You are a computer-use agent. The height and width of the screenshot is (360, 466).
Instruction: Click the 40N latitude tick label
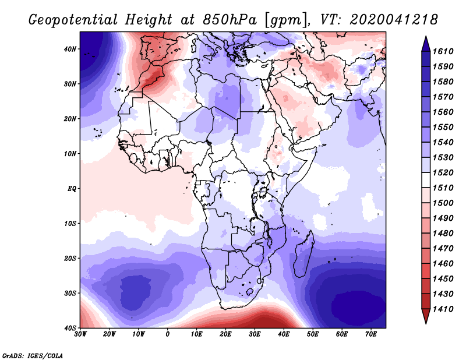click(70, 49)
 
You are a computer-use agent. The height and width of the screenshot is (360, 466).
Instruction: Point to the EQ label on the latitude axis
click(72, 189)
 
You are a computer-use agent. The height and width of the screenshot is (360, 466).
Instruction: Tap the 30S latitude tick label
click(70, 294)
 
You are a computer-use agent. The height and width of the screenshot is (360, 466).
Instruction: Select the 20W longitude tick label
click(110, 334)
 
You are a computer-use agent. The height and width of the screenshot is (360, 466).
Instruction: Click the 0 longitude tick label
click(168, 334)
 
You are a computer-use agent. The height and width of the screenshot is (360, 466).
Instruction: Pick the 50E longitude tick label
click(313, 334)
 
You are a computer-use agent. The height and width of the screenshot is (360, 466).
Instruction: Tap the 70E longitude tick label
click(371, 334)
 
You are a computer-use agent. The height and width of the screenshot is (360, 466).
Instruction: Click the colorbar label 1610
click(443, 51)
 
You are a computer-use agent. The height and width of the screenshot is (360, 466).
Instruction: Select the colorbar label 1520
click(443, 172)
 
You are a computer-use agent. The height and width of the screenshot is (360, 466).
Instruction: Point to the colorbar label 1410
click(443, 309)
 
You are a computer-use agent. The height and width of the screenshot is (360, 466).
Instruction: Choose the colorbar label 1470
click(443, 249)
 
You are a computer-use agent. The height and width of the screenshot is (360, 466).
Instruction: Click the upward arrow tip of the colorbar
click(426, 37)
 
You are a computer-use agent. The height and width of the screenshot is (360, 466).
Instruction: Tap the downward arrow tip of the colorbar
click(426, 323)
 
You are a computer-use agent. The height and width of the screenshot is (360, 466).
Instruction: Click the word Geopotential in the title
click(73, 20)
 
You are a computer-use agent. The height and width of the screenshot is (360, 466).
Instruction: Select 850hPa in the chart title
click(230, 20)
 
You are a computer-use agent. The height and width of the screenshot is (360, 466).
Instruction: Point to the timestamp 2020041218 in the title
click(394, 20)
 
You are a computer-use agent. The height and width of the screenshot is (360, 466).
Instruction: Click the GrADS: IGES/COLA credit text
click(33, 355)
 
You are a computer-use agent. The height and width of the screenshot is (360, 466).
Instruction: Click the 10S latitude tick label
click(70, 224)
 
